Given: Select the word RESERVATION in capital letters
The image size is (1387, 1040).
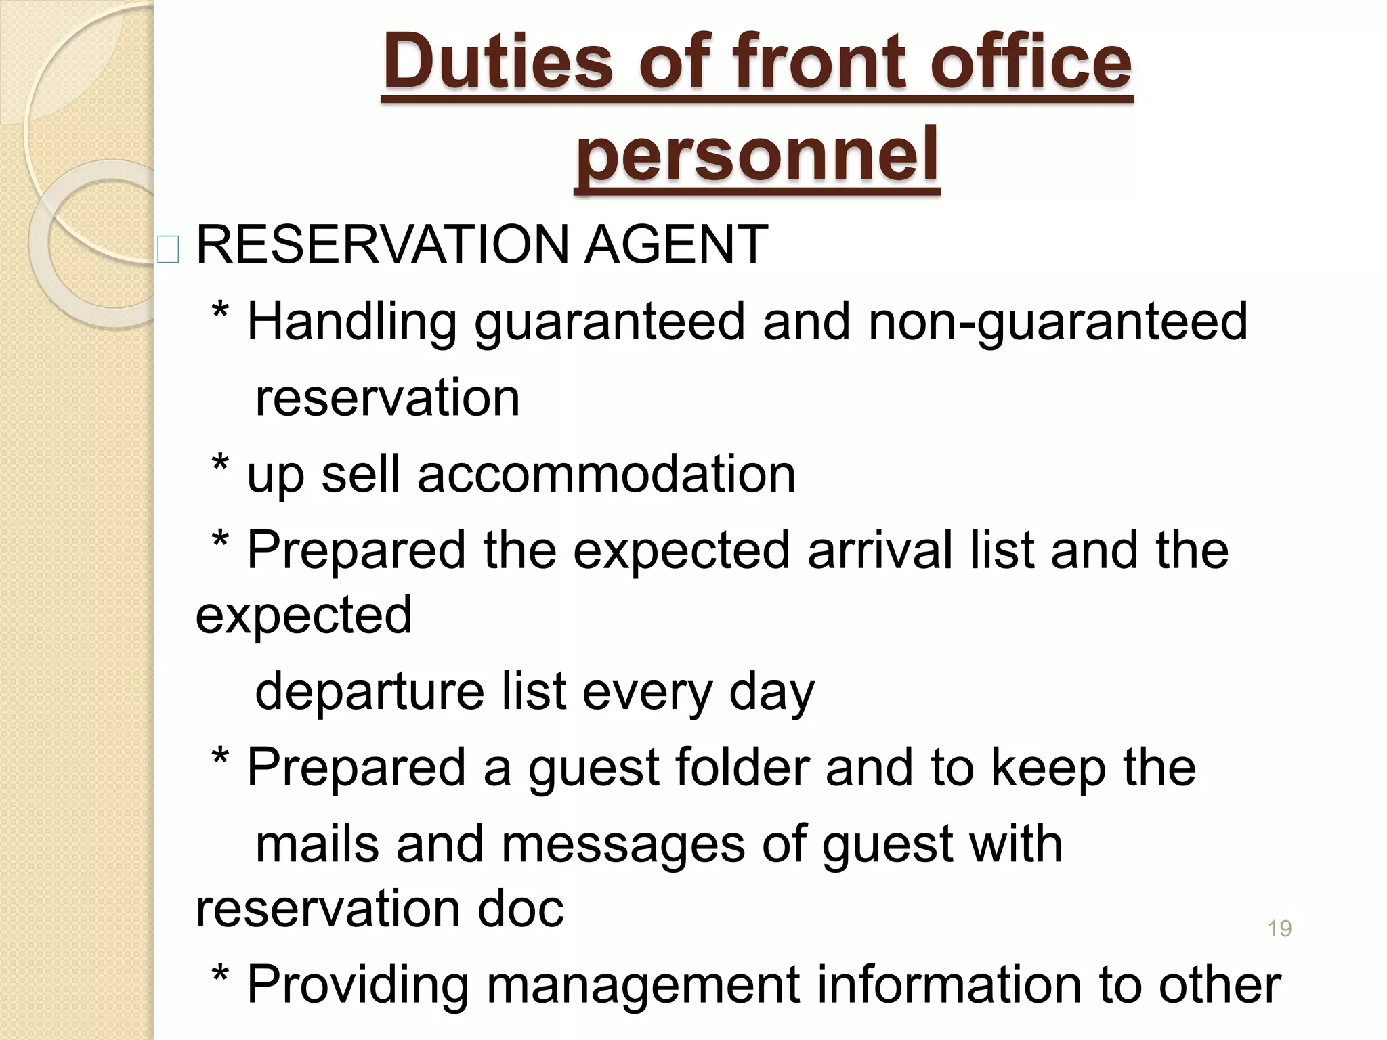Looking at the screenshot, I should (x=381, y=244).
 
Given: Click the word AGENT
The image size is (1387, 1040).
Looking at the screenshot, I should (x=675, y=244).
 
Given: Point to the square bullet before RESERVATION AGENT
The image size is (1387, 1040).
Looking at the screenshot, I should (x=168, y=249).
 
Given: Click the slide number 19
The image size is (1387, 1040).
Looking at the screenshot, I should (x=1279, y=928).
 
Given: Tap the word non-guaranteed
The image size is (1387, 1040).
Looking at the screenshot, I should (x=1058, y=322).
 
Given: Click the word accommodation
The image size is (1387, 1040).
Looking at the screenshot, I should (x=606, y=474).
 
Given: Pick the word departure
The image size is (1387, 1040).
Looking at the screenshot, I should (x=370, y=692).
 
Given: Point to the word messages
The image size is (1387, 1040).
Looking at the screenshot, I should (x=623, y=844).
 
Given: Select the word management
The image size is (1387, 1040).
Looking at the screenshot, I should (x=644, y=986).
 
